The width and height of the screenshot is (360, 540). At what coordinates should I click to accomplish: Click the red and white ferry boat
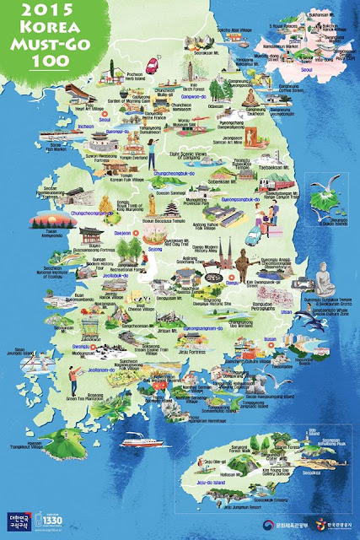point(137,440)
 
